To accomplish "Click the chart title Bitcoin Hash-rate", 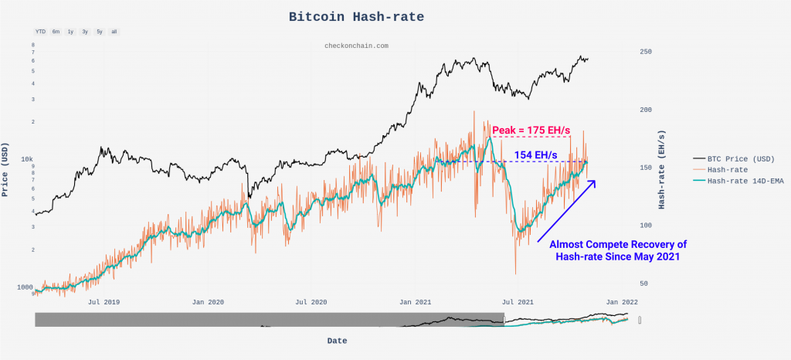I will click(356, 16).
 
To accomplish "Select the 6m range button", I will click(56, 32).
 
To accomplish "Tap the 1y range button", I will click(70, 32).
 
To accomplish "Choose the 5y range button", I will click(100, 32).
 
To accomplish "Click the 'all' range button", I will click(114, 32).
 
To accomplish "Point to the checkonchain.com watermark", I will click(356, 46).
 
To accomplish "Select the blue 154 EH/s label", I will click(535, 155).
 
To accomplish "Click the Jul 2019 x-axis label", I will click(106, 302).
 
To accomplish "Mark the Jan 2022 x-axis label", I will click(621, 302).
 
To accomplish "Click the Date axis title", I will click(337, 341).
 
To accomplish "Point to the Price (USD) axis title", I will click(6, 169).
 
